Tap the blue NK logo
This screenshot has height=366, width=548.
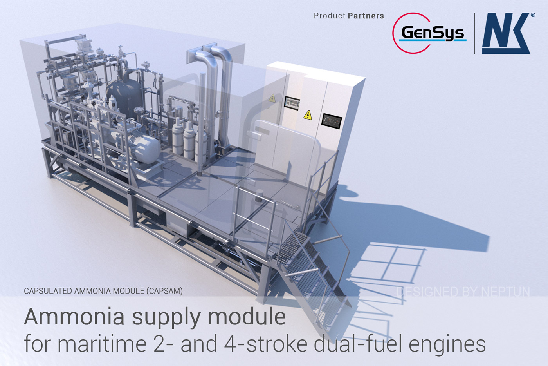pos(506,34)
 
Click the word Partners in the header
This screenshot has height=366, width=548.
pos(366,16)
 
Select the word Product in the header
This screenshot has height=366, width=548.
pos(330,16)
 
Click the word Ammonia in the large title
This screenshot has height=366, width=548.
pos(74,317)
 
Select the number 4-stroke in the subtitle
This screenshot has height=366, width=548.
pos(266,344)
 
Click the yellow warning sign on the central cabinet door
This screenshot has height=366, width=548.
pos(308,115)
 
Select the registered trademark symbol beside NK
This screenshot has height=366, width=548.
pos(533,15)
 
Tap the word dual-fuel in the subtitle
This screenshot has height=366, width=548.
pos(359,344)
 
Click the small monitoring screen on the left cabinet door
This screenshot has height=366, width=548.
pos(292,103)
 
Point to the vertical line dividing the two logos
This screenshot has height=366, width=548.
pos(474,33)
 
